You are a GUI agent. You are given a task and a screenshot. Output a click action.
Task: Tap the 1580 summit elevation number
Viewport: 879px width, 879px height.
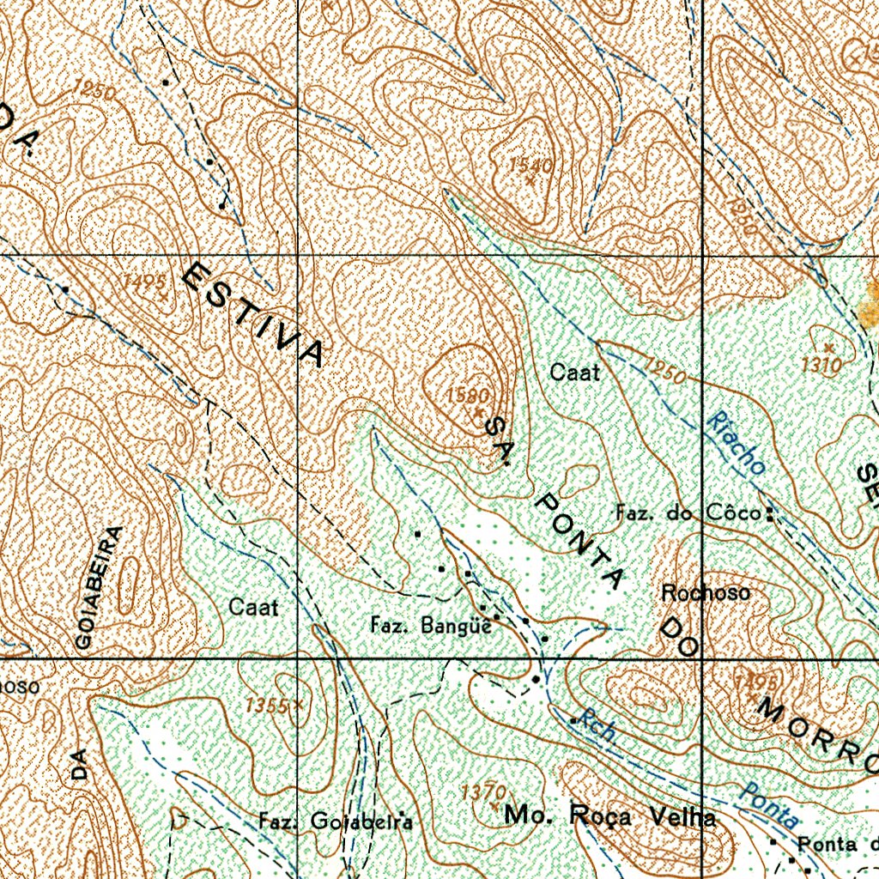(468, 396)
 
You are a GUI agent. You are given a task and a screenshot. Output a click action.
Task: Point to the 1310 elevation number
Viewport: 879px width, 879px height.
(821, 365)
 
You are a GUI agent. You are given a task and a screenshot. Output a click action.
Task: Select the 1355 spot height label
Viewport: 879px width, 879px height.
(267, 706)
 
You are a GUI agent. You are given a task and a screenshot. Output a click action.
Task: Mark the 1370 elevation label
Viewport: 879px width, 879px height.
(483, 791)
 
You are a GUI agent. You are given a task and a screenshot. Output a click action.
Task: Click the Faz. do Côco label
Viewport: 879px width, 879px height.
(688, 514)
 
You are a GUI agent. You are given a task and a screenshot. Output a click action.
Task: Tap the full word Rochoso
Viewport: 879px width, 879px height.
(706, 592)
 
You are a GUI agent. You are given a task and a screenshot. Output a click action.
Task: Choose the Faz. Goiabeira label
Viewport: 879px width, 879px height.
(336, 821)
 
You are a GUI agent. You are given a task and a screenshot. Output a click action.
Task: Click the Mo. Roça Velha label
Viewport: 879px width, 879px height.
(609, 816)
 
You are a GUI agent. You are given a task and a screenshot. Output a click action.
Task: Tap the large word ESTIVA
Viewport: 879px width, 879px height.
(254, 314)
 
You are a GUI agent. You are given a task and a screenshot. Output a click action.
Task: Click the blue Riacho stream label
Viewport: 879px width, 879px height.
(736, 443)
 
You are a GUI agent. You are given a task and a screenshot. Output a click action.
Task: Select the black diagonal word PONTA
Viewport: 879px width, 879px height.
(579, 540)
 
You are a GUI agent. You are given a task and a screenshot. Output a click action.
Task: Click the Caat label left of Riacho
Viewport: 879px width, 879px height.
(574, 373)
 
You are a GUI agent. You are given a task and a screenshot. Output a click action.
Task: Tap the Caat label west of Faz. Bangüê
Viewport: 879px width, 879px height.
(253, 608)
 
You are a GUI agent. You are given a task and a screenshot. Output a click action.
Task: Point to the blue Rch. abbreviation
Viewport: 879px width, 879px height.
(596, 725)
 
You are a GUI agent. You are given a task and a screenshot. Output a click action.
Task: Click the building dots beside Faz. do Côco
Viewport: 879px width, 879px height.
(769, 515)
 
